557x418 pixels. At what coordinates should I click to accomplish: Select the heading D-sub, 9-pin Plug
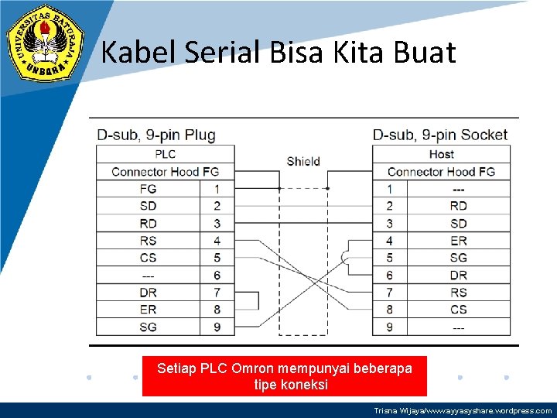156,135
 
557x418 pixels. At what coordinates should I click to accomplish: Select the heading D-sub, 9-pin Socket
440,135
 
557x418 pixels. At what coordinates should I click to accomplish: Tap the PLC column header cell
165,154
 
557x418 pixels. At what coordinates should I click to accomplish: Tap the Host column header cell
441,154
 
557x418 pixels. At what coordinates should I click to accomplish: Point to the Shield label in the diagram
303,161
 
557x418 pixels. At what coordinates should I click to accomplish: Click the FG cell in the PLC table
148,189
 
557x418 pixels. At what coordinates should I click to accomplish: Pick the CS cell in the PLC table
148,258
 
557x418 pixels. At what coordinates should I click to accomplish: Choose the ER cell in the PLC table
148,310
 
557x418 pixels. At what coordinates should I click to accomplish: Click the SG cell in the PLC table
148,327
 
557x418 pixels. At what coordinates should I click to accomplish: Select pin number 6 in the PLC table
217,275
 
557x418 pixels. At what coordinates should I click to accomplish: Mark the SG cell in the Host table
459,258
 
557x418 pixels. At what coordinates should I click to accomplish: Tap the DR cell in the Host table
459,275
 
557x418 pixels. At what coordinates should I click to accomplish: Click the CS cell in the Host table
459,310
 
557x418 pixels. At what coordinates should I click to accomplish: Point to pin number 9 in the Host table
389,327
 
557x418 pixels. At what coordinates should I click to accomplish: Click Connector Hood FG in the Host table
441,172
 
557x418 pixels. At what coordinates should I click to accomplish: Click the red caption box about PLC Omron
284,375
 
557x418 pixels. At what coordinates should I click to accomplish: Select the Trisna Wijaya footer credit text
463,411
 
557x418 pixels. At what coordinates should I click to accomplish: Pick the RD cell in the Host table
459,206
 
